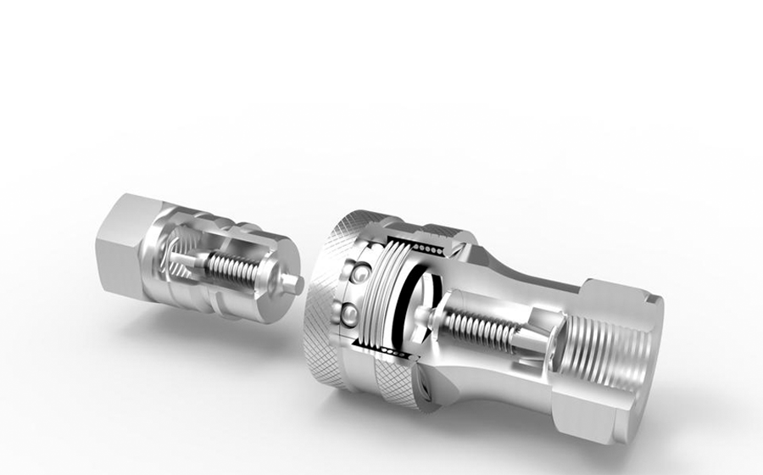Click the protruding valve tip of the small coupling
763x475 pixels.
pyautogui.click(x=298, y=284)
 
